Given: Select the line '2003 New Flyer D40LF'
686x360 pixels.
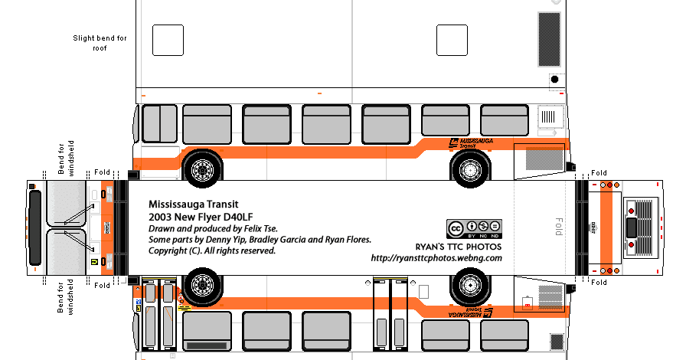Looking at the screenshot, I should [x=197, y=218].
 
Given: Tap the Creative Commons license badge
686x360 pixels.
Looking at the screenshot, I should [x=474, y=228].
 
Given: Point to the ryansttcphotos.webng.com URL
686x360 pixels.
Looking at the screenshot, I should [x=436, y=258].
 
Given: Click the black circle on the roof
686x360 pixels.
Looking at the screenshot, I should [x=555, y=80].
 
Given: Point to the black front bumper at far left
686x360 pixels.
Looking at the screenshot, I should [x=34, y=227].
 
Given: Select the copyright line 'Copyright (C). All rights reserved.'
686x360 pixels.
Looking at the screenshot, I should [x=212, y=250].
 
